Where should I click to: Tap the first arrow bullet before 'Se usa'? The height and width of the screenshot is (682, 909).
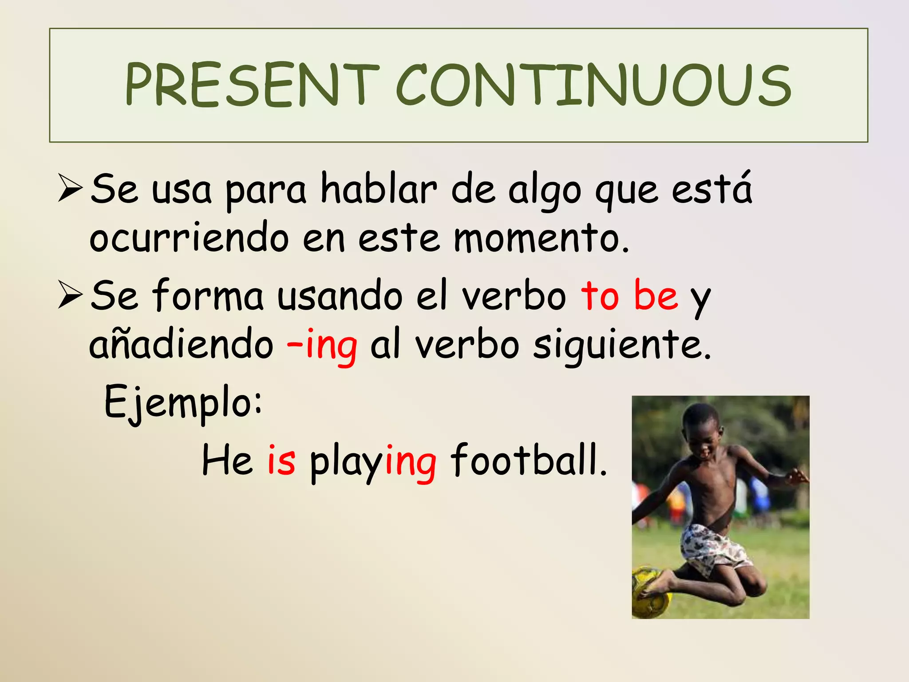70,189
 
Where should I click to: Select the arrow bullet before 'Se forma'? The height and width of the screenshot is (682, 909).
70,295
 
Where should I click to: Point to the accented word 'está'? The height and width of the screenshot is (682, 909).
711,189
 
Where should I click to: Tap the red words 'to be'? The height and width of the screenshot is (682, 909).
629,295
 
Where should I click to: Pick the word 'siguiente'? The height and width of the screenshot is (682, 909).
621,345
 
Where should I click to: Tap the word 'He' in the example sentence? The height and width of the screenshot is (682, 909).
227,460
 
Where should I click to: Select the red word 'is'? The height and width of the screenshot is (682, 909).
281,460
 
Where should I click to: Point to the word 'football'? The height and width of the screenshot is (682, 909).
528,460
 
